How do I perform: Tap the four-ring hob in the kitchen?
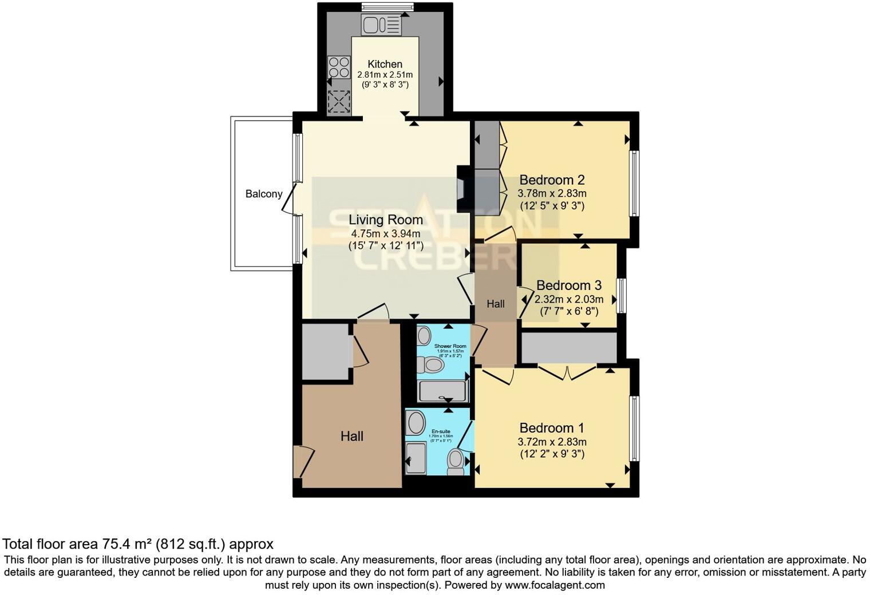point(339,68)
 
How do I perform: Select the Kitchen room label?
point(385,64)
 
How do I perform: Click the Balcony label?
point(264,194)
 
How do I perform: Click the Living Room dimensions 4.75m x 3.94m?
point(386,233)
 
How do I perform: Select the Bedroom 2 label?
point(552,179)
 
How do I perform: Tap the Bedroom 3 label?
point(568,285)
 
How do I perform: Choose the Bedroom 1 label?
point(552,428)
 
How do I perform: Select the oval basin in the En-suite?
point(415,423)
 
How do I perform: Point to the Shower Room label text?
point(450,346)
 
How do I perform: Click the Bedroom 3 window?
point(621,296)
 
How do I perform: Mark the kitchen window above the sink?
point(387,7)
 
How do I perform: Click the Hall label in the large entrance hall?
point(352,437)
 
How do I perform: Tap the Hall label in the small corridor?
point(496,304)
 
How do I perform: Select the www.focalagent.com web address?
point(555,585)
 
